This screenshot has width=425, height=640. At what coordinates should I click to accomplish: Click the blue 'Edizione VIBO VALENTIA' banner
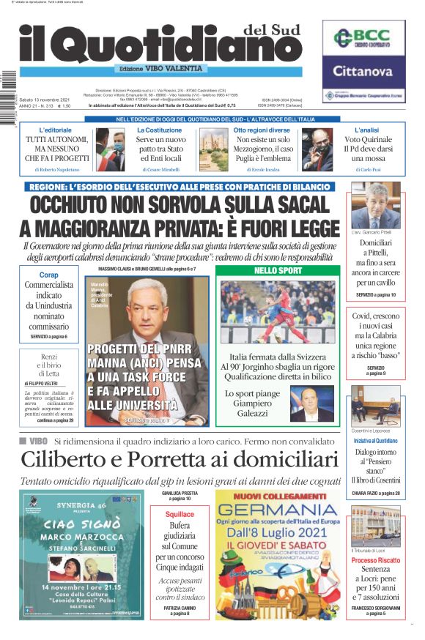point(160,69)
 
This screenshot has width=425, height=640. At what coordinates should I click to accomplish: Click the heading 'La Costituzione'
point(159,130)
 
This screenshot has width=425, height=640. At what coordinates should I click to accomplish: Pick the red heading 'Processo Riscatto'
point(375,561)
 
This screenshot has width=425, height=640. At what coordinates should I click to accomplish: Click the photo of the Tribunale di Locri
point(375,523)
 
